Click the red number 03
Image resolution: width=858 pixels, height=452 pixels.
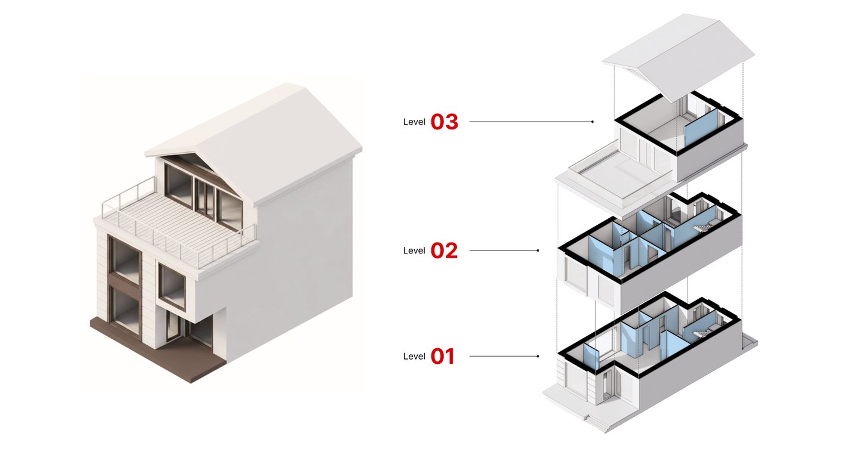click(x=444, y=122)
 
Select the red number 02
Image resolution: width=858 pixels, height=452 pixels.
click(x=444, y=250)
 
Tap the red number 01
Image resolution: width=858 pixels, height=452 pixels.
click(x=442, y=357)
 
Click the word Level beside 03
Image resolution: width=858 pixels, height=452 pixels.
click(x=414, y=122)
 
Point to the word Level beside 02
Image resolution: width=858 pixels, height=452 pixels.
click(x=414, y=250)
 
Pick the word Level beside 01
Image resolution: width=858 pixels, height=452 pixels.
click(x=414, y=357)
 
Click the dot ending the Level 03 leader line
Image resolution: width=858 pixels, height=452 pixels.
click(x=592, y=122)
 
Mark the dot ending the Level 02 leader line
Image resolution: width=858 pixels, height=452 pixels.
click(x=538, y=250)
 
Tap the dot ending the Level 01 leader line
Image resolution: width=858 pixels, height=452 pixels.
click(x=538, y=357)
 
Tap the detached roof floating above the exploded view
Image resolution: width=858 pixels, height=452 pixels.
click(x=678, y=57)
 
